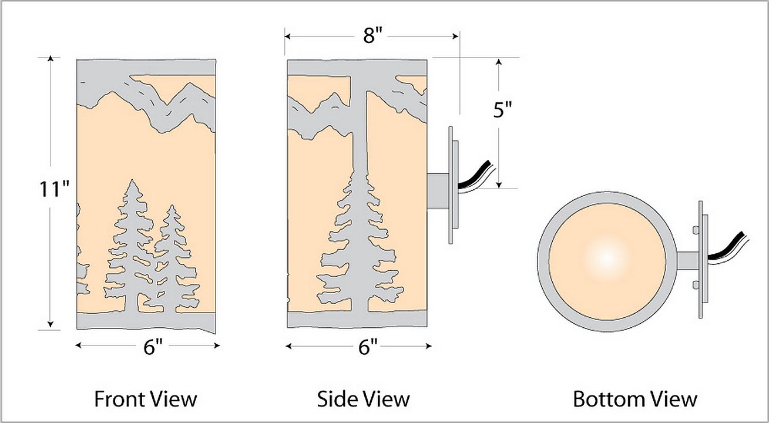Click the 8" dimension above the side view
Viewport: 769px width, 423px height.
click(x=372, y=36)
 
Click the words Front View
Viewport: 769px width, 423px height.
click(x=146, y=399)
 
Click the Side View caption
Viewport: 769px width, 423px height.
click(x=363, y=399)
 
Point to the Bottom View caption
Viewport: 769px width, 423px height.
click(x=635, y=399)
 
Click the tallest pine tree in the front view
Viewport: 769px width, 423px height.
click(x=133, y=247)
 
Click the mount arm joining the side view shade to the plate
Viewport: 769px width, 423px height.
click(x=438, y=189)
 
